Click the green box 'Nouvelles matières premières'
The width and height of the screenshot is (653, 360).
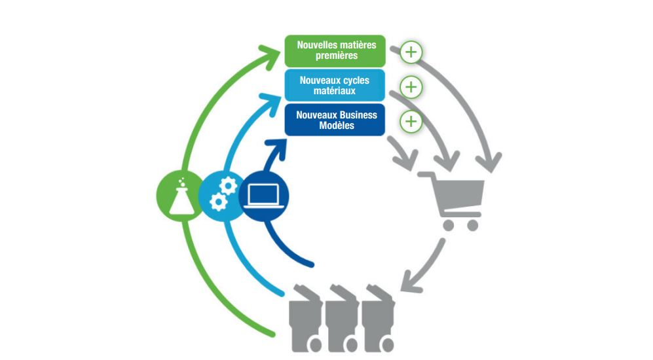tap(335, 51)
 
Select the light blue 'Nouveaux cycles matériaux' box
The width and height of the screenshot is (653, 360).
tap(335, 85)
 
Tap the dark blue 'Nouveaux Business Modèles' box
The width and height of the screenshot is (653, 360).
tap(335, 120)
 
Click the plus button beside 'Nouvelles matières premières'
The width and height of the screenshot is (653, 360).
tap(411, 52)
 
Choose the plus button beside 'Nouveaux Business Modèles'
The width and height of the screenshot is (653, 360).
tap(411, 122)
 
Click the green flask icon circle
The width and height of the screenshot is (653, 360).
tap(181, 196)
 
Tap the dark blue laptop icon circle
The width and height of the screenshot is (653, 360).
tap(263, 196)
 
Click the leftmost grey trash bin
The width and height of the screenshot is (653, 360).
tap(306, 318)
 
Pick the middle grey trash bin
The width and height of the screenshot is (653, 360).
tap(342, 318)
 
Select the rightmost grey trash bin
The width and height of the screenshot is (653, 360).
tap(378, 318)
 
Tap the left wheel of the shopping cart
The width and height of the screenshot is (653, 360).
tap(449, 226)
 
